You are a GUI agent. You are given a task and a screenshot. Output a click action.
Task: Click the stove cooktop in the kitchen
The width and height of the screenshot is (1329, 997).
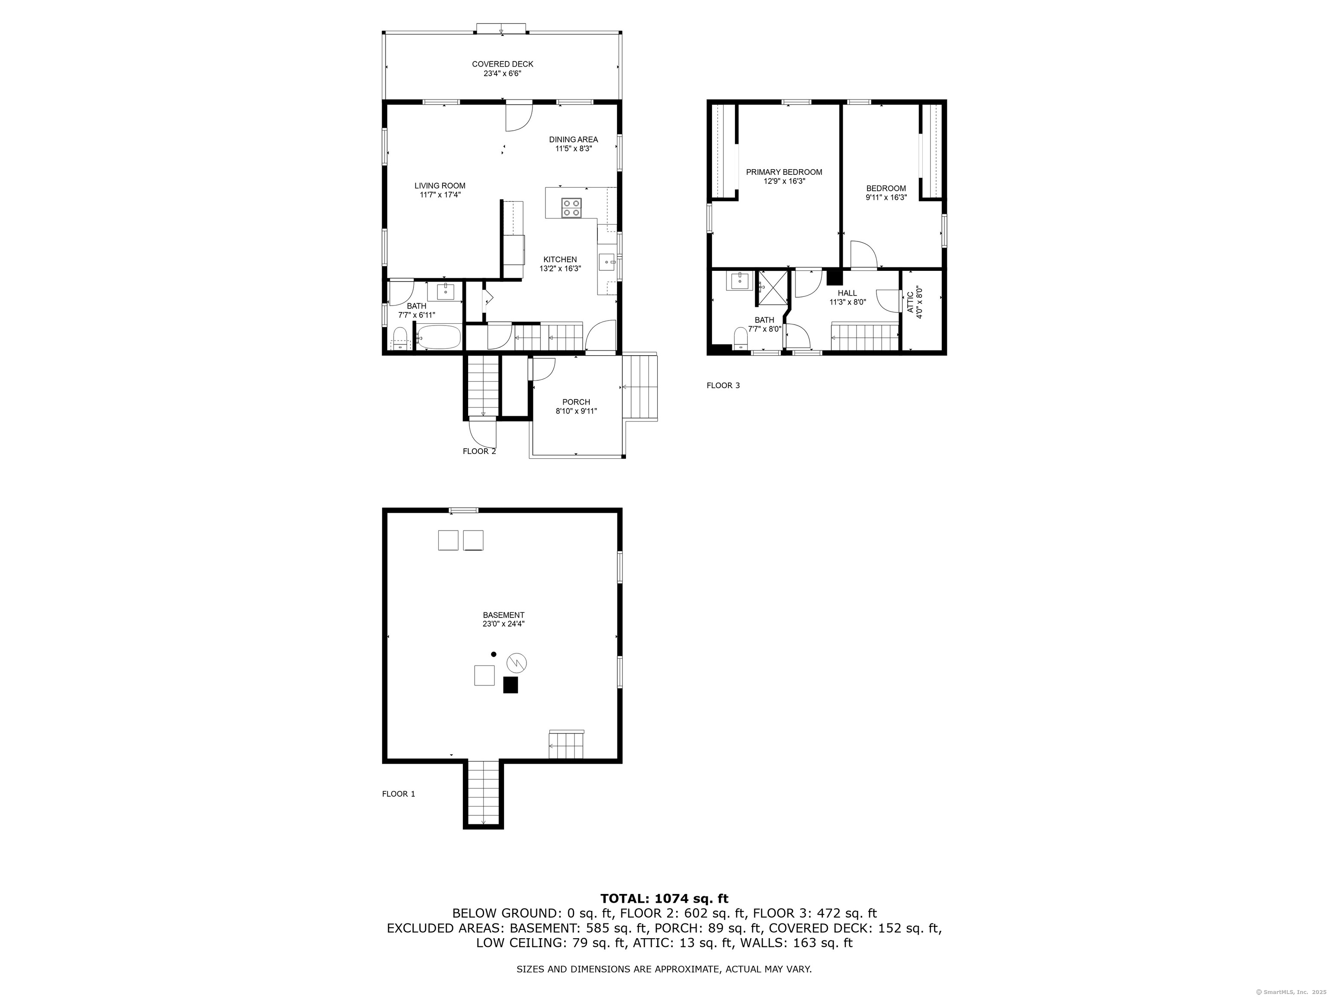tap(571, 207)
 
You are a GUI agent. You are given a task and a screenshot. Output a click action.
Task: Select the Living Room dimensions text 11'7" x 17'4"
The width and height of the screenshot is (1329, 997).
tap(440, 195)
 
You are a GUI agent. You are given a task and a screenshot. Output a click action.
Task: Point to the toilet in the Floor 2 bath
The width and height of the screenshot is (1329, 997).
tap(400, 339)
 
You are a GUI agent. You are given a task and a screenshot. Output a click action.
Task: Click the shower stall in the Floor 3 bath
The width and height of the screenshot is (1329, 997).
tap(771, 288)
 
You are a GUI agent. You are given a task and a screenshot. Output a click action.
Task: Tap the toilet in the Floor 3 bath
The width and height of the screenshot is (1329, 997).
tap(741, 337)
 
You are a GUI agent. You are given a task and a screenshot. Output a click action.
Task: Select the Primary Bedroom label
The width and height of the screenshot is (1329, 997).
tap(784, 172)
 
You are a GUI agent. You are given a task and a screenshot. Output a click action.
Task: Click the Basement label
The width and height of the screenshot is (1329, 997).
tap(504, 615)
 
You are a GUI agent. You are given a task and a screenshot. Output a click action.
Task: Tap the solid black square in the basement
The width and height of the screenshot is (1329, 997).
tap(510, 685)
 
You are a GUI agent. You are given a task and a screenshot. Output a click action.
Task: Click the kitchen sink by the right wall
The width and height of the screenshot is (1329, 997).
tap(607, 263)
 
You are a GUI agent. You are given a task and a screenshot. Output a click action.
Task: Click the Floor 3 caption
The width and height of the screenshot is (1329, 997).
tap(723, 385)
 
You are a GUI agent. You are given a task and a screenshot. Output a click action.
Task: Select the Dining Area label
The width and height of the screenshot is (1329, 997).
tap(573, 139)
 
